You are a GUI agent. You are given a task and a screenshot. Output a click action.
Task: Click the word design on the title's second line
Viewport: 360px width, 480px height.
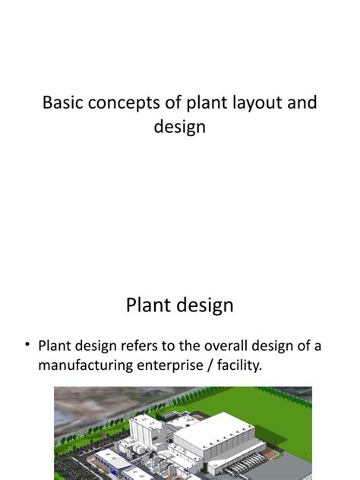(x=180, y=126)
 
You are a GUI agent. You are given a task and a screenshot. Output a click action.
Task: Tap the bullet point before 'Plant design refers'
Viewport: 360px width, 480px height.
(x=27, y=346)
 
